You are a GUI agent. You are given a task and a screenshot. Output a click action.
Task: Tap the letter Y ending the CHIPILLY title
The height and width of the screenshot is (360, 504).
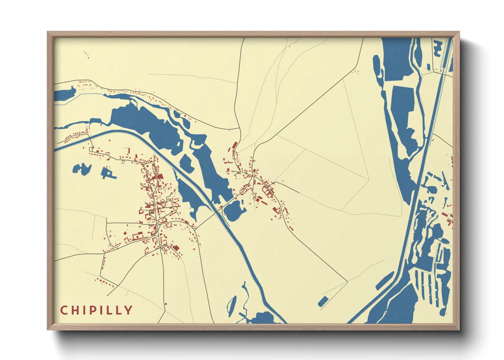pyautogui.click(x=128, y=310)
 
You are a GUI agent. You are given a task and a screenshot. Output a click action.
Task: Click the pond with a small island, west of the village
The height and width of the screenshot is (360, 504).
pyautogui.click(x=108, y=173)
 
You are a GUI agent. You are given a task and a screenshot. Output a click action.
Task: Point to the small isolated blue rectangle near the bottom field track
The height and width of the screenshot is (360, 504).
pyautogui.click(x=323, y=301)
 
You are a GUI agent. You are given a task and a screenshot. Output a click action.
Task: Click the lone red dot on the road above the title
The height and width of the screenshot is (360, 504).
pyautogui.click(x=166, y=304)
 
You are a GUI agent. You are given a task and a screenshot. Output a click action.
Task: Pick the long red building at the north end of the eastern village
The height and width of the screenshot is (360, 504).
pyautogui.click(x=234, y=145)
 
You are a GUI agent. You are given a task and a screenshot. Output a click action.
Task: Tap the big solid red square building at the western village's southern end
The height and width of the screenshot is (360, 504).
pyautogui.click(x=176, y=248)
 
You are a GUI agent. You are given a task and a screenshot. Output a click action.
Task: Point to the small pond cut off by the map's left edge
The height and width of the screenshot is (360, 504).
pyautogui.click(x=65, y=94)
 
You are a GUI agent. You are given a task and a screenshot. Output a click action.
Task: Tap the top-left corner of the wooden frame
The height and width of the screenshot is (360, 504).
pyautogui.click(x=48, y=32)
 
